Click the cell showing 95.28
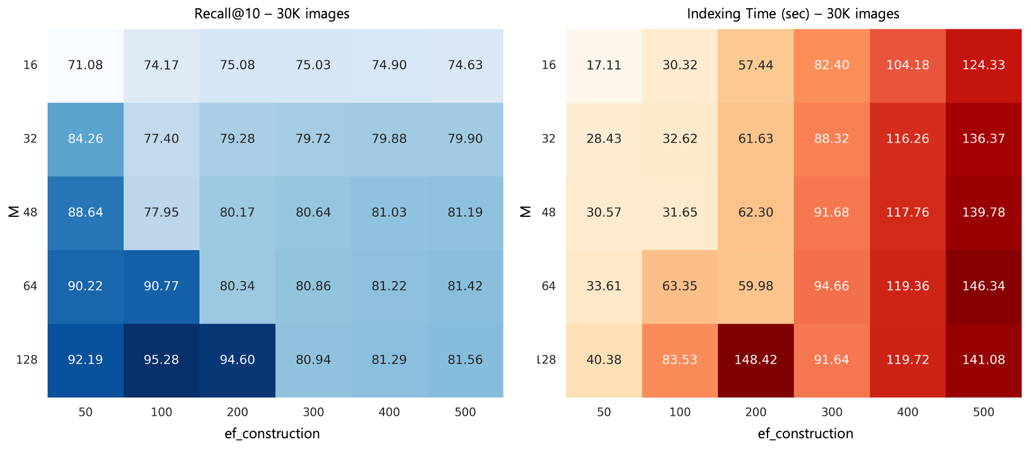(x=161, y=360)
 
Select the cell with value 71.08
(x=85, y=65)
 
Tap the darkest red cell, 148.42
(x=756, y=360)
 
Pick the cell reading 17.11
(x=603, y=65)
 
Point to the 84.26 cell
(x=85, y=138)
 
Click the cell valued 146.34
(x=983, y=286)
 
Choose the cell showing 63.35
(x=680, y=286)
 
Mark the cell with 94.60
(x=237, y=360)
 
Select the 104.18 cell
(x=907, y=65)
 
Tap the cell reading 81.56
(x=465, y=360)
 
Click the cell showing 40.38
(x=603, y=360)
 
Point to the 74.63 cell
(x=465, y=65)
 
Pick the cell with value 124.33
(x=983, y=65)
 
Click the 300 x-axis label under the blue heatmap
(x=313, y=412)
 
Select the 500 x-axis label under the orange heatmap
(x=983, y=412)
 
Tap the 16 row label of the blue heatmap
(x=30, y=65)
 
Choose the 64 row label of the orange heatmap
(x=548, y=286)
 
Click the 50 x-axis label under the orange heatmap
(x=603, y=412)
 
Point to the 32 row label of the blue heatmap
(x=30, y=138)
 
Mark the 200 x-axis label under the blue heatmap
(x=237, y=412)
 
